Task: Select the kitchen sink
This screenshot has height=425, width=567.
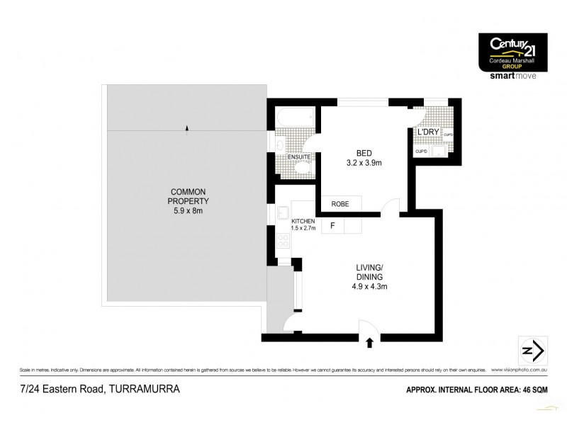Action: tap(281, 212)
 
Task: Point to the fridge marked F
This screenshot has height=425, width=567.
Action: tap(332, 227)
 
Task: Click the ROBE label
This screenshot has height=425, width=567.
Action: tap(341, 204)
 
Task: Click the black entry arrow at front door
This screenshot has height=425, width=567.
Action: tap(370, 344)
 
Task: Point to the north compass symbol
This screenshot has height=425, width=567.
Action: tap(533, 351)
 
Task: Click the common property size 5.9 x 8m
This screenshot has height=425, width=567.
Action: tap(186, 210)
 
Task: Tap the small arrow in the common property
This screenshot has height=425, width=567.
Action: tap(186, 127)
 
